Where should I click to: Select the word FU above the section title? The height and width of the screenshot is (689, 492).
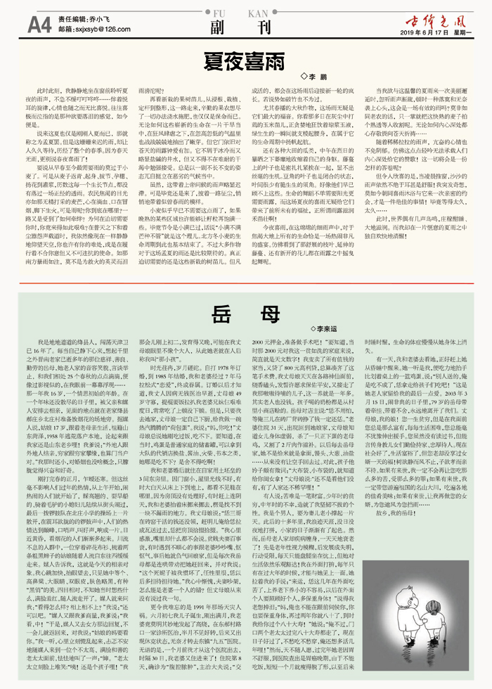click(218, 13)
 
